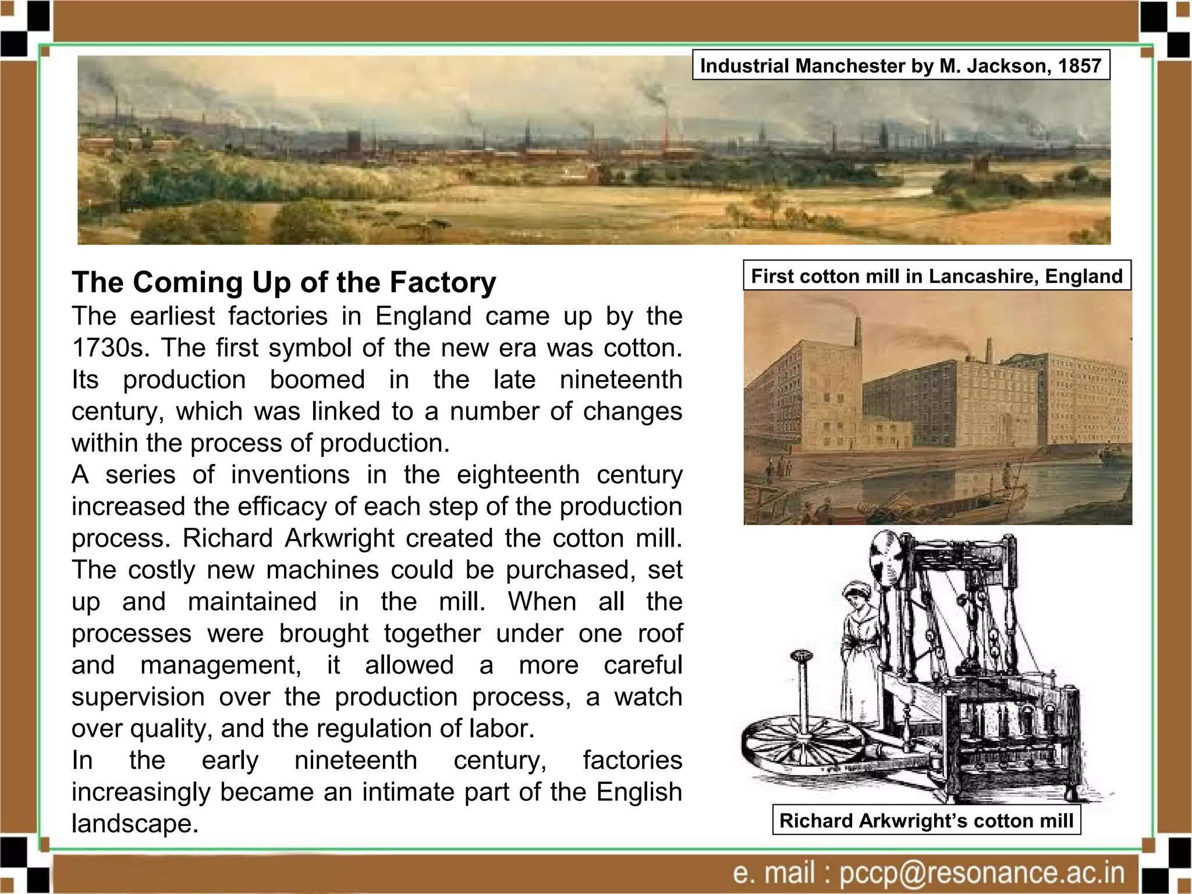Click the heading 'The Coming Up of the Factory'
click(284, 282)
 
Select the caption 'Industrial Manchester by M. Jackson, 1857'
click(900, 65)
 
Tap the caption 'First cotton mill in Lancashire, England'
click(936, 275)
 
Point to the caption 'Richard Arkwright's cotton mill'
click(926, 820)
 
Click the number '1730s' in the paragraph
click(111, 348)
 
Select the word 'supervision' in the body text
click(138, 697)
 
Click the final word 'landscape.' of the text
click(135, 824)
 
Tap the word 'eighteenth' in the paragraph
click(518, 475)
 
